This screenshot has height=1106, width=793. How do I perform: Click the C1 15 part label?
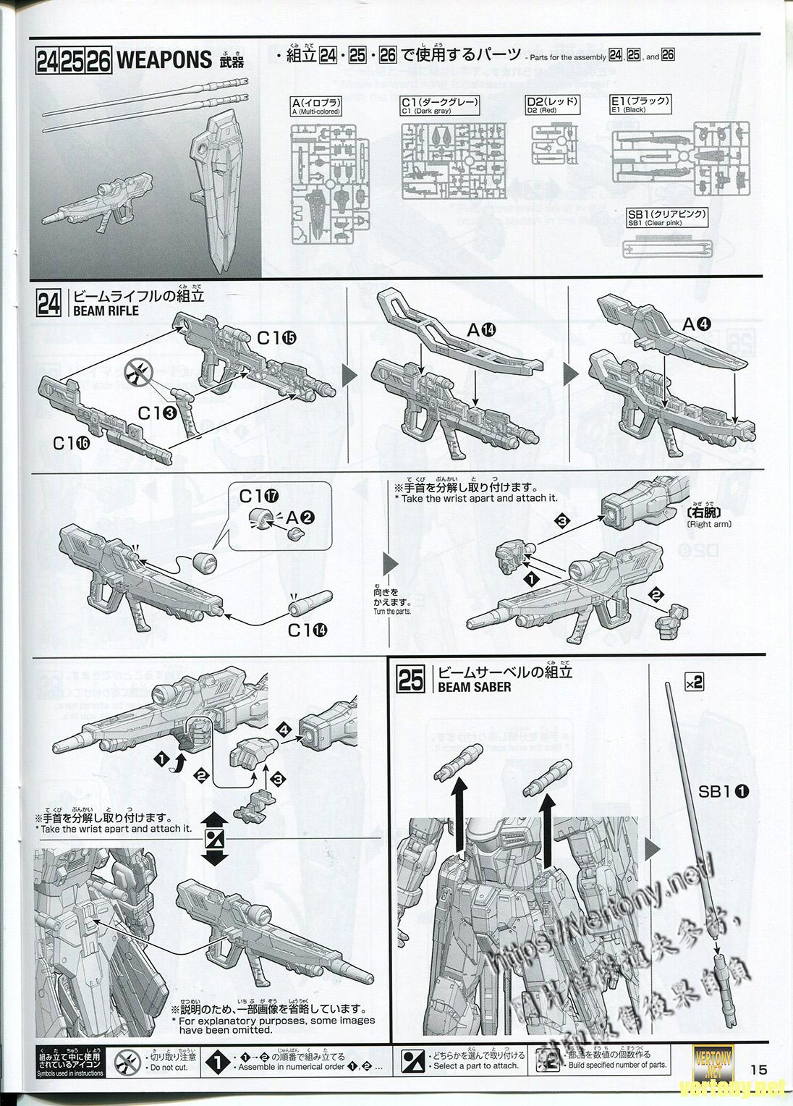click(x=276, y=337)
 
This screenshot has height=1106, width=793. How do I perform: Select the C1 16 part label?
click(x=72, y=443)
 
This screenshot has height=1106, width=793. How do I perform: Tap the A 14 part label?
click(x=481, y=330)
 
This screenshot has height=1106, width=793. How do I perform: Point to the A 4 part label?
click(x=698, y=325)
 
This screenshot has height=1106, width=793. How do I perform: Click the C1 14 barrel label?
click(x=307, y=630)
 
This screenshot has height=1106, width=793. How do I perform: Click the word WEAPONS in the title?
click(x=164, y=60)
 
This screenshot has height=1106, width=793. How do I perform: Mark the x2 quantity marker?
click(x=693, y=682)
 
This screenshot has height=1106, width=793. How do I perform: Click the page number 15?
click(x=758, y=1069)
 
